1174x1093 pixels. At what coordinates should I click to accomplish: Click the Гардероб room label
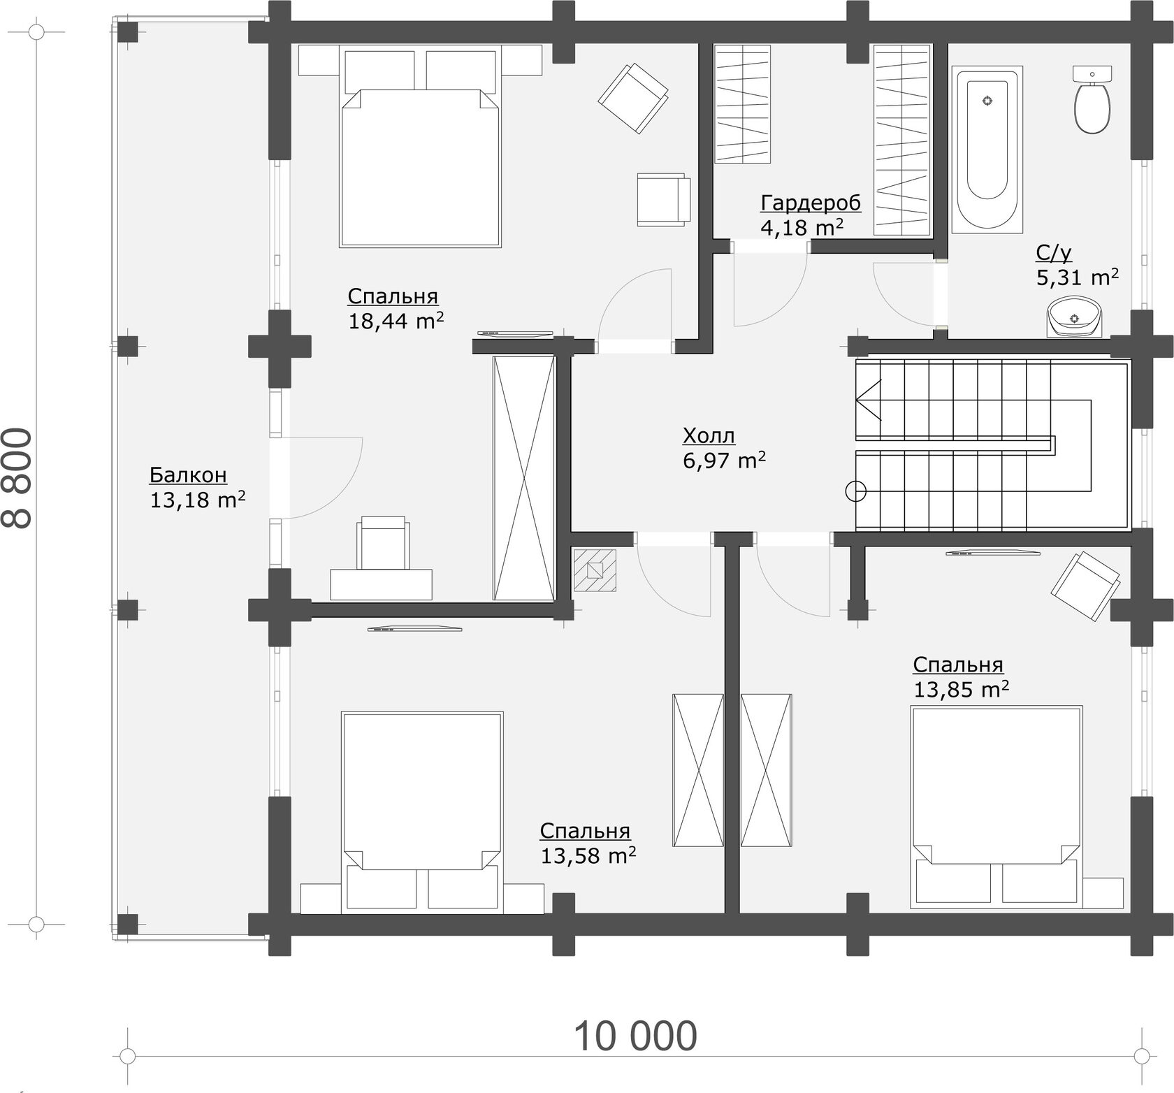(x=811, y=203)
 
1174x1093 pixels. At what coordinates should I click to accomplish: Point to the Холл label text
(x=709, y=436)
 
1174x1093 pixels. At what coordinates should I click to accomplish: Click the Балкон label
(x=188, y=475)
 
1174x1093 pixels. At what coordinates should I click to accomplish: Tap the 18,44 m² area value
(x=396, y=321)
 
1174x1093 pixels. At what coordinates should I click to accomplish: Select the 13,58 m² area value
(x=588, y=855)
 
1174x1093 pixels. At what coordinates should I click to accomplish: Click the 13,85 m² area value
(x=961, y=689)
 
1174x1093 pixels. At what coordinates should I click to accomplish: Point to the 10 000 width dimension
(x=635, y=1036)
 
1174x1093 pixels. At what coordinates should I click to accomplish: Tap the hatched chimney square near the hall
(x=595, y=570)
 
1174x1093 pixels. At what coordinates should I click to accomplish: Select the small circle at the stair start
(x=856, y=491)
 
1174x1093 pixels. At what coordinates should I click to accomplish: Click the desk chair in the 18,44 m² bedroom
(x=382, y=543)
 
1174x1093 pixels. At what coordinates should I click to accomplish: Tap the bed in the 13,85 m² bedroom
(x=997, y=807)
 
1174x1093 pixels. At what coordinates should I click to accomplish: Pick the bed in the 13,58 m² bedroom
(x=422, y=813)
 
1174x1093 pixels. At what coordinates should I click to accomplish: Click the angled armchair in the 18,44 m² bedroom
(x=634, y=98)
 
